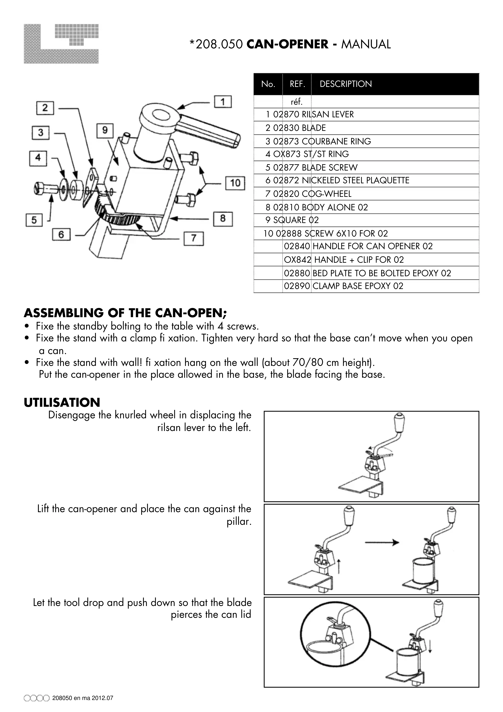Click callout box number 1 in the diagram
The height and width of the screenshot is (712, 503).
tap(223, 102)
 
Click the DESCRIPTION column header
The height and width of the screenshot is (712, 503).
tap(346, 84)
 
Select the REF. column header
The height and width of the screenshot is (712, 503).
tap(297, 84)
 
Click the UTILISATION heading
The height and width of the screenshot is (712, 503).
tap(62, 403)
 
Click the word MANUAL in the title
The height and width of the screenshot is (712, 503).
tap(366, 44)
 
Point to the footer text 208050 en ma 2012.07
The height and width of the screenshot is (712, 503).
tap(83, 698)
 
